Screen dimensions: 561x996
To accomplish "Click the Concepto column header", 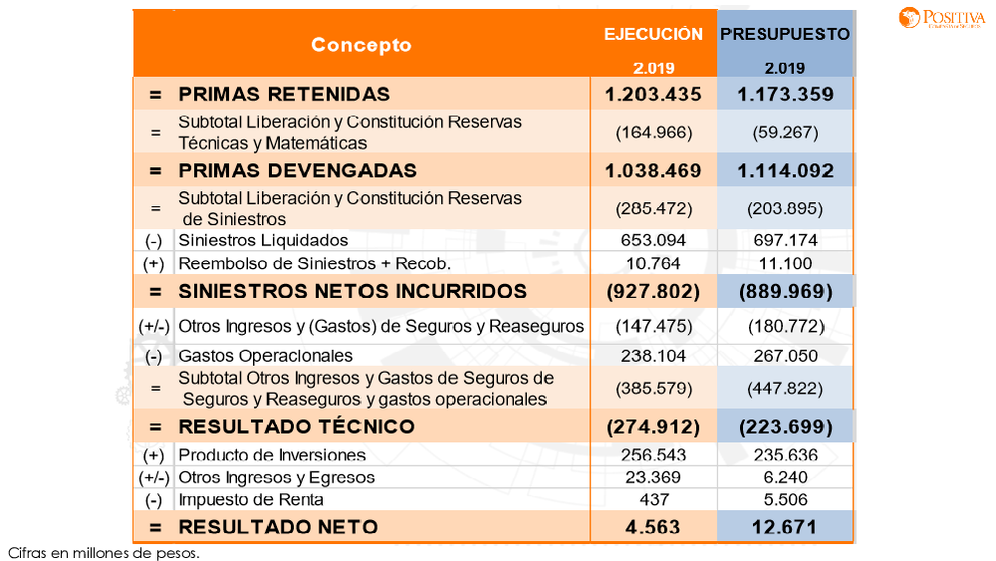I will point(361,45).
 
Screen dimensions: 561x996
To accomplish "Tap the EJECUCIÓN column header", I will point(653,34).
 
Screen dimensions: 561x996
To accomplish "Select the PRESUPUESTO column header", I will point(785,34).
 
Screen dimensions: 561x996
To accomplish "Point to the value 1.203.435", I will point(653,95).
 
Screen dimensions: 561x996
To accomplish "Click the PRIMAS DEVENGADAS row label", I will point(297,170).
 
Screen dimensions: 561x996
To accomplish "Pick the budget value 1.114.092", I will point(785,170).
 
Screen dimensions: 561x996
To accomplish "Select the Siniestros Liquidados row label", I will point(263,240).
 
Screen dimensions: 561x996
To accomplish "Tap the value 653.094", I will point(653,240).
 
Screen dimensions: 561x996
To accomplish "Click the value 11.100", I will point(785,264).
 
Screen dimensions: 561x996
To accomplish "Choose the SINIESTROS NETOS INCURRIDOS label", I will point(352,291).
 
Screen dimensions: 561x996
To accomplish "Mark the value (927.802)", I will point(653,291).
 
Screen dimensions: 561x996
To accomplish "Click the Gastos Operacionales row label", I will point(265,356).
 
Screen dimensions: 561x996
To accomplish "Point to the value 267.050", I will point(785,356).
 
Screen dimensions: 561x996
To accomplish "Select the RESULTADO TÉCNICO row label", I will point(296,426).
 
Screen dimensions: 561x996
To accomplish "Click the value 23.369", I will point(653,477).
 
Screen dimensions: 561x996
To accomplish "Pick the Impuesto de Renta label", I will point(250,499).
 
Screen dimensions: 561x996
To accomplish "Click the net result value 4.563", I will point(653,526).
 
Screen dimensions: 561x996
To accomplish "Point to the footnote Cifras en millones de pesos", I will point(104,552).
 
